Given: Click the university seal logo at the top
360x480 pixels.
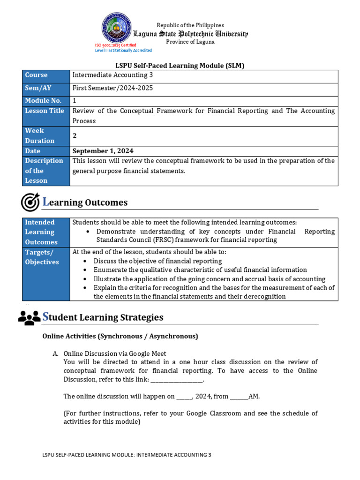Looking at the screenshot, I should [x=116, y=28].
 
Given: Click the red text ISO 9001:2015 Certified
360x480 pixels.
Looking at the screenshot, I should [x=115, y=45].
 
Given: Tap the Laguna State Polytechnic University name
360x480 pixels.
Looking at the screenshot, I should [x=190, y=34].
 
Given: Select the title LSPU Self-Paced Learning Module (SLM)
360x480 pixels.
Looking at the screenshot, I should [x=180, y=66].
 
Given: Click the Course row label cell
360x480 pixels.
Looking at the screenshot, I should [x=46, y=75].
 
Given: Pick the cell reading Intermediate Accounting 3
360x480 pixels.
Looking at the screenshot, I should [x=112, y=75].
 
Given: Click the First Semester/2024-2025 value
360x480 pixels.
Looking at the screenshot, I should [x=112, y=88].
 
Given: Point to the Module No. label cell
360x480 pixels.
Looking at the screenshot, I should [x=46, y=101].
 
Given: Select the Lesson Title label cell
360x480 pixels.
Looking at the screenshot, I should [x=46, y=111].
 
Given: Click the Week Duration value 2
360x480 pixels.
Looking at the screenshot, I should [x=75, y=135].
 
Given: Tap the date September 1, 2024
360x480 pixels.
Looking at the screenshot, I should [x=103, y=151].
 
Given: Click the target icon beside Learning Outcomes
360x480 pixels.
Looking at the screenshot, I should [x=30, y=202].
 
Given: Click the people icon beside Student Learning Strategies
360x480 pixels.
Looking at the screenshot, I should [x=29, y=317].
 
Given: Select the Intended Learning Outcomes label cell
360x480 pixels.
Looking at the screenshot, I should [x=46, y=232].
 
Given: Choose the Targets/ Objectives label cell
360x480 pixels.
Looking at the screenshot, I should [x=46, y=257].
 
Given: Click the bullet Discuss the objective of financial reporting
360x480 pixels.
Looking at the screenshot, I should [x=157, y=261].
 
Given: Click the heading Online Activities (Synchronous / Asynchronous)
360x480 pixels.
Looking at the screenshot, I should [x=120, y=336].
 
